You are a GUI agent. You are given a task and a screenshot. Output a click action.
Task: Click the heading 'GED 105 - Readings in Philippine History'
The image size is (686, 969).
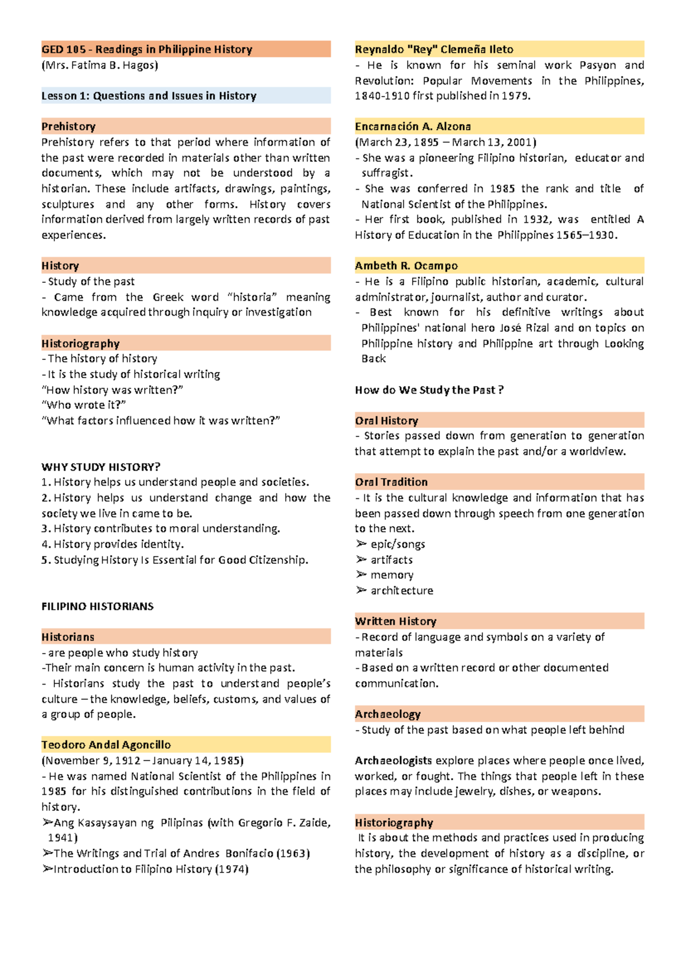coord(146,50)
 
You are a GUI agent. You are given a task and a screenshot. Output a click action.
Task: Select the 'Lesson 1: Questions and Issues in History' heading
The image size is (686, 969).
coord(149,96)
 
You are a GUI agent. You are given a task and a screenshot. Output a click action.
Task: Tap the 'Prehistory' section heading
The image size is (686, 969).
coord(69,127)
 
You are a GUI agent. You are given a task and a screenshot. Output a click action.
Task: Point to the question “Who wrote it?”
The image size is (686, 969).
coord(83,405)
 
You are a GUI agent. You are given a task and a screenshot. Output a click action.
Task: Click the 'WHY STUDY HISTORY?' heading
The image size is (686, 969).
coord(101,467)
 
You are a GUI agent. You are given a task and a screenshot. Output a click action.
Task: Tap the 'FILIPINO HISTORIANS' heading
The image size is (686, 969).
coord(97,606)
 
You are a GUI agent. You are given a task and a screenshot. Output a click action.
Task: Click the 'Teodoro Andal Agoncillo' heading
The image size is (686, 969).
coord(106,745)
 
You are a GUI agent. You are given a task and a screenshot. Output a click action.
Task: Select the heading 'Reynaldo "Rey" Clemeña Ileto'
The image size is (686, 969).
coord(434,50)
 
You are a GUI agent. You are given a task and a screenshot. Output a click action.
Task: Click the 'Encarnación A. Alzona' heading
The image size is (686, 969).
coord(413,127)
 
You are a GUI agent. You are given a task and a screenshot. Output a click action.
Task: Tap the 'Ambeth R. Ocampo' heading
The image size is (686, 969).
coord(406,266)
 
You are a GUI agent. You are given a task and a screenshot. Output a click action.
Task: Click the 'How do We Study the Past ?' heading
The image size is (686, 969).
coord(429,390)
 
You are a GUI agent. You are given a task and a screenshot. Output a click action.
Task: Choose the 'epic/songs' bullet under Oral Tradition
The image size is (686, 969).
coord(397,544)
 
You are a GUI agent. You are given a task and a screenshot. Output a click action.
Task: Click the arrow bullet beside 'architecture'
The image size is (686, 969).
coord(361,590)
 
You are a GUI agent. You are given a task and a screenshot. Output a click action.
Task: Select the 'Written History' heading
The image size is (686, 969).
coord(396,622)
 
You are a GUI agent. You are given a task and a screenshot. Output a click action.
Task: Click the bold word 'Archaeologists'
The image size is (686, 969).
coord(393,760)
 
